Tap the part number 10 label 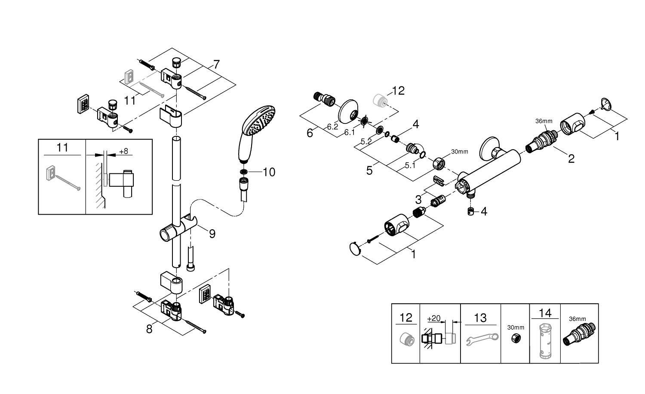(269, 172)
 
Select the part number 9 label (212, 234)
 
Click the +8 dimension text (123, 151)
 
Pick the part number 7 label (216, 65)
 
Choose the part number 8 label (149, 329)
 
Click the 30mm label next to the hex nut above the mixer (460, 151)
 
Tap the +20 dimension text (433, 319)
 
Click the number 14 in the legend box (544, 313)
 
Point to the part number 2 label (571, 158)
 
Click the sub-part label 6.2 (332, 127)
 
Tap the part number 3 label (418, 200)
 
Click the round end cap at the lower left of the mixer (354, 248)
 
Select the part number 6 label (310, 133)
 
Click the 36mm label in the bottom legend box (577, 319)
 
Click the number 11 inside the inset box (62, 148)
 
